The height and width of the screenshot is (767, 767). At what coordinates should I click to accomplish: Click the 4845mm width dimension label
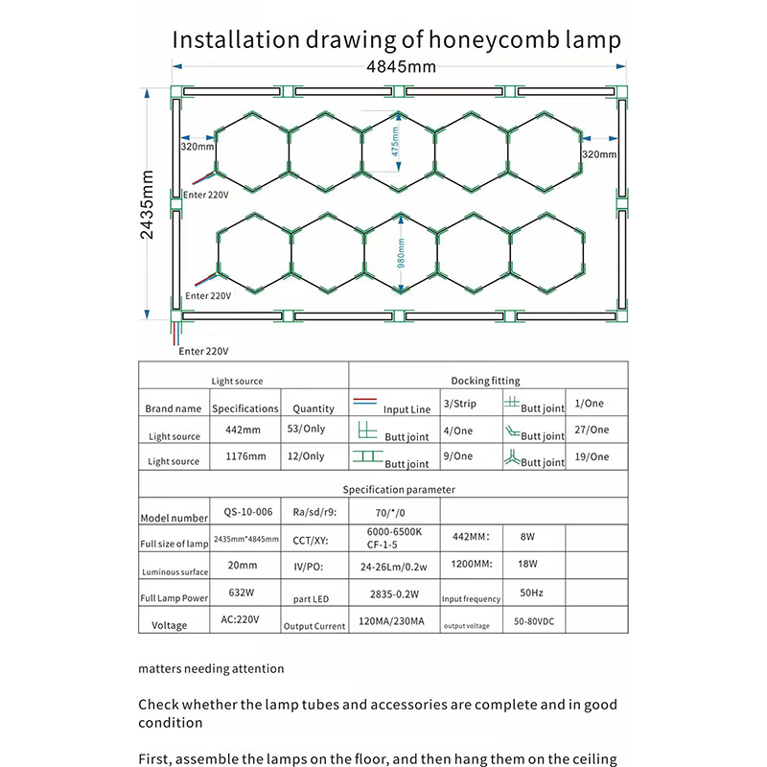tap(395, 66)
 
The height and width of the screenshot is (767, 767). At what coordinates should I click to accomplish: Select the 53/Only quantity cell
tap(306, 430)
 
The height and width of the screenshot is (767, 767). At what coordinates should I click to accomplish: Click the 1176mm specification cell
tap(244, 456)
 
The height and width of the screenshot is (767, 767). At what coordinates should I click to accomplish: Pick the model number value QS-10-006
tap(244, 513)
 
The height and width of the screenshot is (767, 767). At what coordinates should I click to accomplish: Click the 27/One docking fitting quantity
tap(593, 430)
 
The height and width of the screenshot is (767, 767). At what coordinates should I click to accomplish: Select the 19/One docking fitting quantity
tap(593, 457)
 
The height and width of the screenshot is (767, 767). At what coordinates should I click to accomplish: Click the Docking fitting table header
tap(485, 381)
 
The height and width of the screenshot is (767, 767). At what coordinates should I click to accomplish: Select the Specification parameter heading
tap(401, 489)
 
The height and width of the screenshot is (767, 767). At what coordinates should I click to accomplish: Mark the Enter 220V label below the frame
tap(204, 351)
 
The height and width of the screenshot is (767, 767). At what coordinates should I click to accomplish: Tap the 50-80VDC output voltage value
tap(533, 621)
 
